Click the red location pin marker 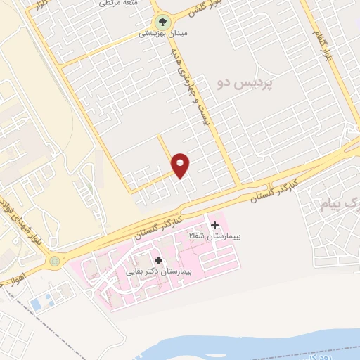[181, 165]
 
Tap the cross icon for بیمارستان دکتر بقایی [158, 260]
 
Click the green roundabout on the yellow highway [55, 262]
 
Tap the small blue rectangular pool [36, 304]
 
